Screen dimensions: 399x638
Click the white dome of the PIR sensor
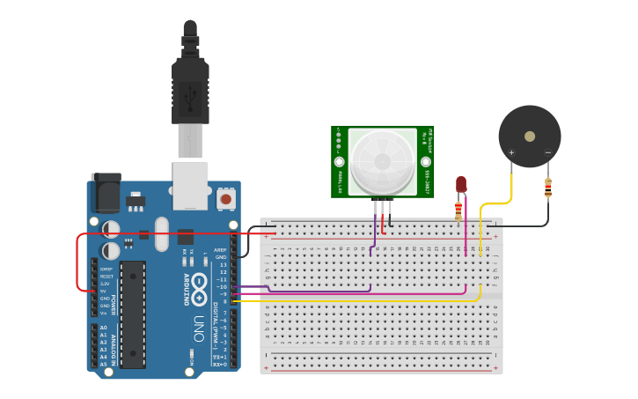[383, 161]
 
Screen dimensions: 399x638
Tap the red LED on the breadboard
[460, 184]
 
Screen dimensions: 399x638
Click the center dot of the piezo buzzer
[529, 137]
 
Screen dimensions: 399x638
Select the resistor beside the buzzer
[548, 188]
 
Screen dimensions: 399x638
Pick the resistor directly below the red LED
[458, 210]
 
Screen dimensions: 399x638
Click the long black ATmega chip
[133, 314]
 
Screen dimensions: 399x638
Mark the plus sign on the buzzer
[511, 152]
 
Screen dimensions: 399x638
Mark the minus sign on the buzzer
[547, 152]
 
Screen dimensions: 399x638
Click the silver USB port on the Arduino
[190, 184]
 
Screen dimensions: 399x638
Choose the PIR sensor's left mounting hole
[339, 162]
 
